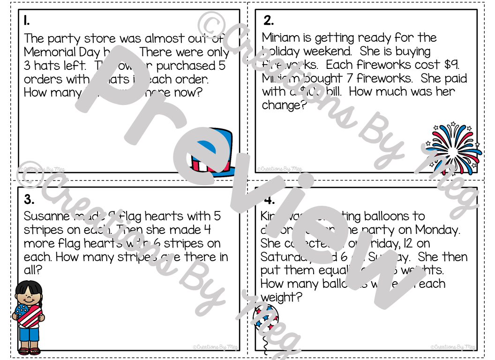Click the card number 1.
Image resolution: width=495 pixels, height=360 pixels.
pos(27,21)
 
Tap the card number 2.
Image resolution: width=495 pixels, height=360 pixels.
pos(269,21)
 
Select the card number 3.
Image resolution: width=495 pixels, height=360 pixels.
pos(29,200)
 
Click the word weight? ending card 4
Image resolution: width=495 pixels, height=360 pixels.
pos(282,297)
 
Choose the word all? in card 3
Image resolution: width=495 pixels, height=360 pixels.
pos(33,270)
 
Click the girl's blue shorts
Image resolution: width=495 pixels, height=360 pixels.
pos(29,335)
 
